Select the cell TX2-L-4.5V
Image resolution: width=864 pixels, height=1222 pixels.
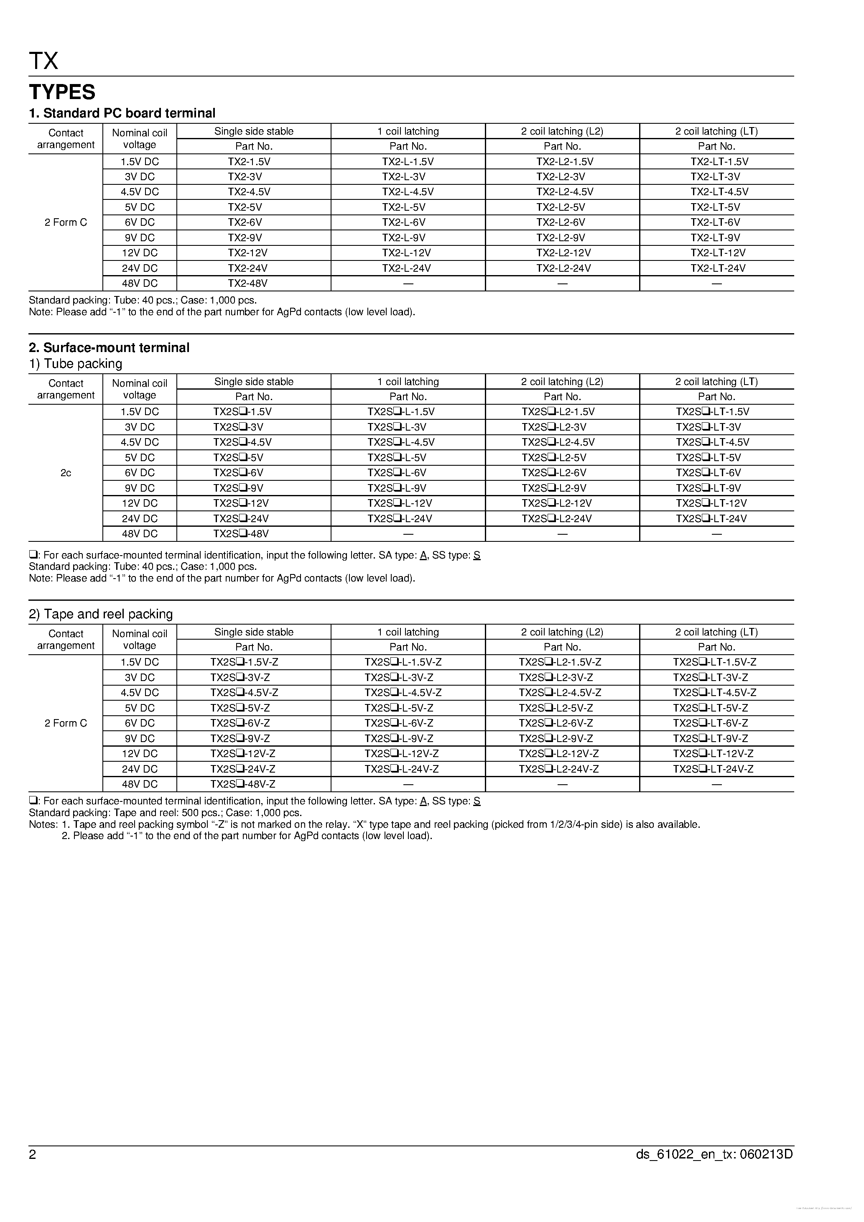click(408, 191)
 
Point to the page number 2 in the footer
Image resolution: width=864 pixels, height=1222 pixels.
click(33, 1154)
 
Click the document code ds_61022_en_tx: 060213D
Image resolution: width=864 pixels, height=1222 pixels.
click(714, 1154)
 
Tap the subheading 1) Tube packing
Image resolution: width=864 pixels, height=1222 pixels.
click(76, 364)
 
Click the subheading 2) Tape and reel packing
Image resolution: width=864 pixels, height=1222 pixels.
click(101, 614)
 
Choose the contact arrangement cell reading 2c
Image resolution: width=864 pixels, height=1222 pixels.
click(66, 472)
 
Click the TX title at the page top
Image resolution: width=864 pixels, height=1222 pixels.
click(43, 61)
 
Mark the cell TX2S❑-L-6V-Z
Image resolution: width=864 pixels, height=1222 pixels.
click(398, 723)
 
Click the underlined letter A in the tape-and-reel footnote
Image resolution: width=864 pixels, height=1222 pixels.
click(423, 801)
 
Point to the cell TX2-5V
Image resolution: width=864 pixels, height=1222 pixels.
click(245, 207)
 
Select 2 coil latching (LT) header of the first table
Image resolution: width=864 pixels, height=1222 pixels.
click(716, 131)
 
